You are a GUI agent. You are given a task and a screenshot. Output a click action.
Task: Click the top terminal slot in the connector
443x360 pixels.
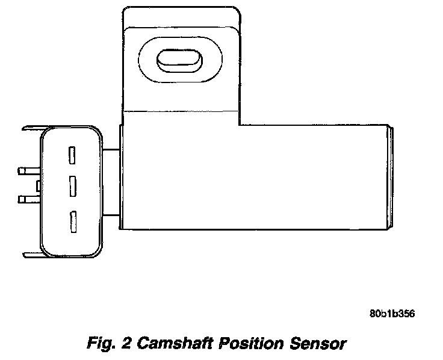(72, 155)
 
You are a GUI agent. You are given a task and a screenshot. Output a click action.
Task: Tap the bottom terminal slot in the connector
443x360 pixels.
(72, 222)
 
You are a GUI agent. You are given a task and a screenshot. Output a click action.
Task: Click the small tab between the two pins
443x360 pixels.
(38, 185)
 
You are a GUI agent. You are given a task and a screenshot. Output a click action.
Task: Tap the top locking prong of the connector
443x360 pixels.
(31, 128)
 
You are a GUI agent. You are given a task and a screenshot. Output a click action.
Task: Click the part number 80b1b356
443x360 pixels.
(392, 314)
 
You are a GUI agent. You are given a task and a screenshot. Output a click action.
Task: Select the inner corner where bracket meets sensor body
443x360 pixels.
(240, 125)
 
